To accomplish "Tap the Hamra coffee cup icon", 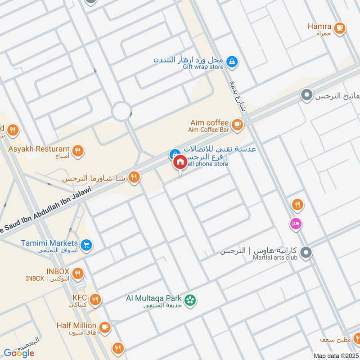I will [340, 27].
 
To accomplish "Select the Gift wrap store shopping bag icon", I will [231, 61].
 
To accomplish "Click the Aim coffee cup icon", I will [237, 124].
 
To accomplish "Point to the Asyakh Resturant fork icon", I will [78, 150].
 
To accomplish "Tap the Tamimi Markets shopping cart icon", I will [87, 245].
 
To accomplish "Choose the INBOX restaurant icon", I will [78, 273].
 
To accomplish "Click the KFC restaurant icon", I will [95, 299].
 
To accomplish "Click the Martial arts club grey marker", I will [306, 253].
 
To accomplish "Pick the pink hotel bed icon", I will [296, 223].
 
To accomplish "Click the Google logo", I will [19, 353].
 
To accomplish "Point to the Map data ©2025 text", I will [335, 355].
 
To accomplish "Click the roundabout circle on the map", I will [121, 111].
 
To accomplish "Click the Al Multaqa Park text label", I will [153, 298].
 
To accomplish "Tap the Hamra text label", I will [319, 26].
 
